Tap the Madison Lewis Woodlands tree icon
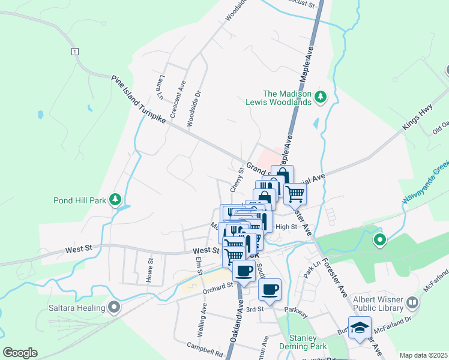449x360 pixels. (321, 96)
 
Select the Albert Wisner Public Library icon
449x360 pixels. (412, 302)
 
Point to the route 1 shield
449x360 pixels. (74, 52)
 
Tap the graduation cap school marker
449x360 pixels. (360, 328)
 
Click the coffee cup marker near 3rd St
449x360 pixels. (270, 290)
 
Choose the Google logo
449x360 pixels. (20, 352)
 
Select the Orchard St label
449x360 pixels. (217, 286)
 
